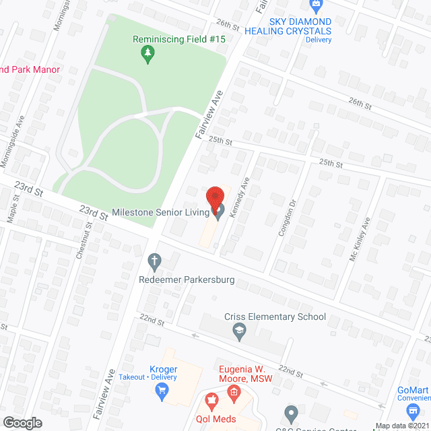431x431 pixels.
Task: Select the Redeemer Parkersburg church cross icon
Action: pyautogui.click(x=154, y=260)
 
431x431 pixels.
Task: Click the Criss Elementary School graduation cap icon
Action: pyautogui.click(x=238, y=329)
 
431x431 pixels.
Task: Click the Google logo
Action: pyautogui.click(x=22, y=422)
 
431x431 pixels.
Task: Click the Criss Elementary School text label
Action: pyautogui.click(x=275, y=317)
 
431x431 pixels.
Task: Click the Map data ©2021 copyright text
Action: pyautogui.click(x=401, y=426)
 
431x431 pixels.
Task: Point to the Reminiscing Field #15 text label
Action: pyautogui.click(x=179, y=40)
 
